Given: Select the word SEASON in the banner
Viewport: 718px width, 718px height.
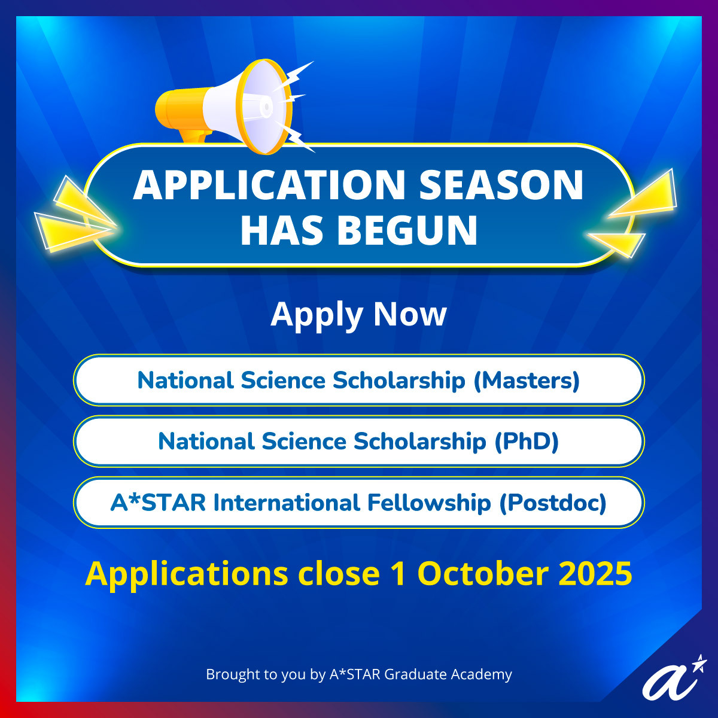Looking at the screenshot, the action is click(x=501, y=185).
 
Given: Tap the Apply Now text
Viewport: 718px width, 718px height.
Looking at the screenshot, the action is click(x=358, y=315).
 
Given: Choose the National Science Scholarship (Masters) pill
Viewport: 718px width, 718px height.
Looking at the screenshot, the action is click(x=359, y=380).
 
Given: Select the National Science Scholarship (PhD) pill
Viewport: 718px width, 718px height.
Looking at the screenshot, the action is click(x=359, y=441).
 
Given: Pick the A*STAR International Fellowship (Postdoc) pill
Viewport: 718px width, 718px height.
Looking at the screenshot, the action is click(x=359, y=502).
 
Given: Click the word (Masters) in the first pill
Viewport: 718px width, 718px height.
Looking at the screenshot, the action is click(x=527, y=381).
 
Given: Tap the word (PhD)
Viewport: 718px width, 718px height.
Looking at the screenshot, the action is click(x=527, y=442).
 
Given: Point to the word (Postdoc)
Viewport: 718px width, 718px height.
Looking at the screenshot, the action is click(x=553, y=503).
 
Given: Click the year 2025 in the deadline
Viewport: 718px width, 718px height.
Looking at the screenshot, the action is click(x=595, y=573).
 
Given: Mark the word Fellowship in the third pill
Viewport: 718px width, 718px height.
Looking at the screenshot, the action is click(x=429, y=503).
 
